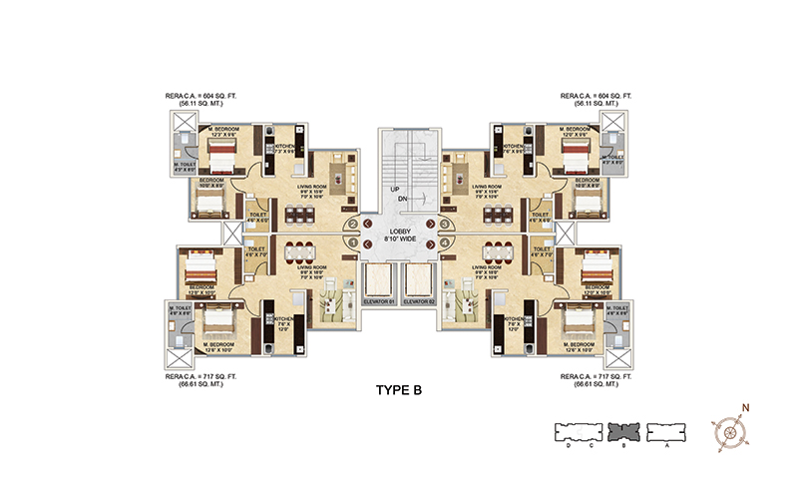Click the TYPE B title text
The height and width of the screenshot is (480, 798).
point(397,389)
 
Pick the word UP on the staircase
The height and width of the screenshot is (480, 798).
point(396,189)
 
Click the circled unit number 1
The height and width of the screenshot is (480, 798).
point(353,241)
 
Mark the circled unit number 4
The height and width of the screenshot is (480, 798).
point(444,241)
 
